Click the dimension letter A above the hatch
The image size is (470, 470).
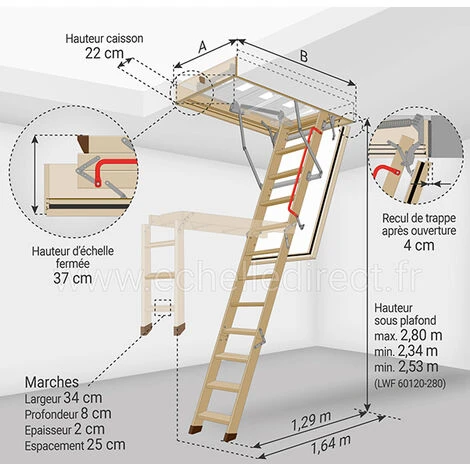[202, 47]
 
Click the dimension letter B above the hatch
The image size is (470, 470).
[304, 56]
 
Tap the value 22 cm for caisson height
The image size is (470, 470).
[104, 53]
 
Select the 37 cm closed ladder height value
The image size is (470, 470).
[72, 278]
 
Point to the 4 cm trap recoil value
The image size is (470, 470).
[419, 245]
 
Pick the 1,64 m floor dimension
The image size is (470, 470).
[331, 444]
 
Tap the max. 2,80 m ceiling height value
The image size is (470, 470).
[408, 335]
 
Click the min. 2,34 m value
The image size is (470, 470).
[406, 351]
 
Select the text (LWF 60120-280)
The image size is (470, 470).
[410, 384]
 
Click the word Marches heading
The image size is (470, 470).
[52, 382]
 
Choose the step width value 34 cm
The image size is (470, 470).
[83, 398]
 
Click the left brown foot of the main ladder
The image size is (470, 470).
[194, 429]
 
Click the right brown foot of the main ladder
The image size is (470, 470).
[230, 437]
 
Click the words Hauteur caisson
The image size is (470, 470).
[104, 38]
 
